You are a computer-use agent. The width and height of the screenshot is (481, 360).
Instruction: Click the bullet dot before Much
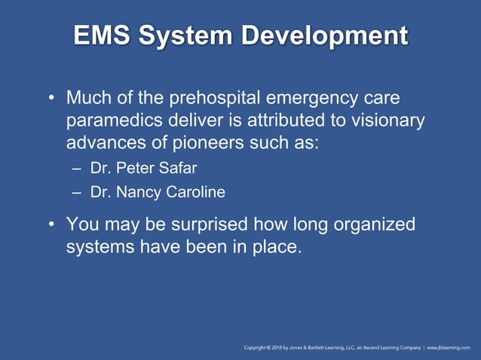coord(51,99)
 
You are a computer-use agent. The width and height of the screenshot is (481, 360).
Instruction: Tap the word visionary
coord(381,121)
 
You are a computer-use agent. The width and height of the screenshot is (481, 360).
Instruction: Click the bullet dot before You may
coord(51,225)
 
